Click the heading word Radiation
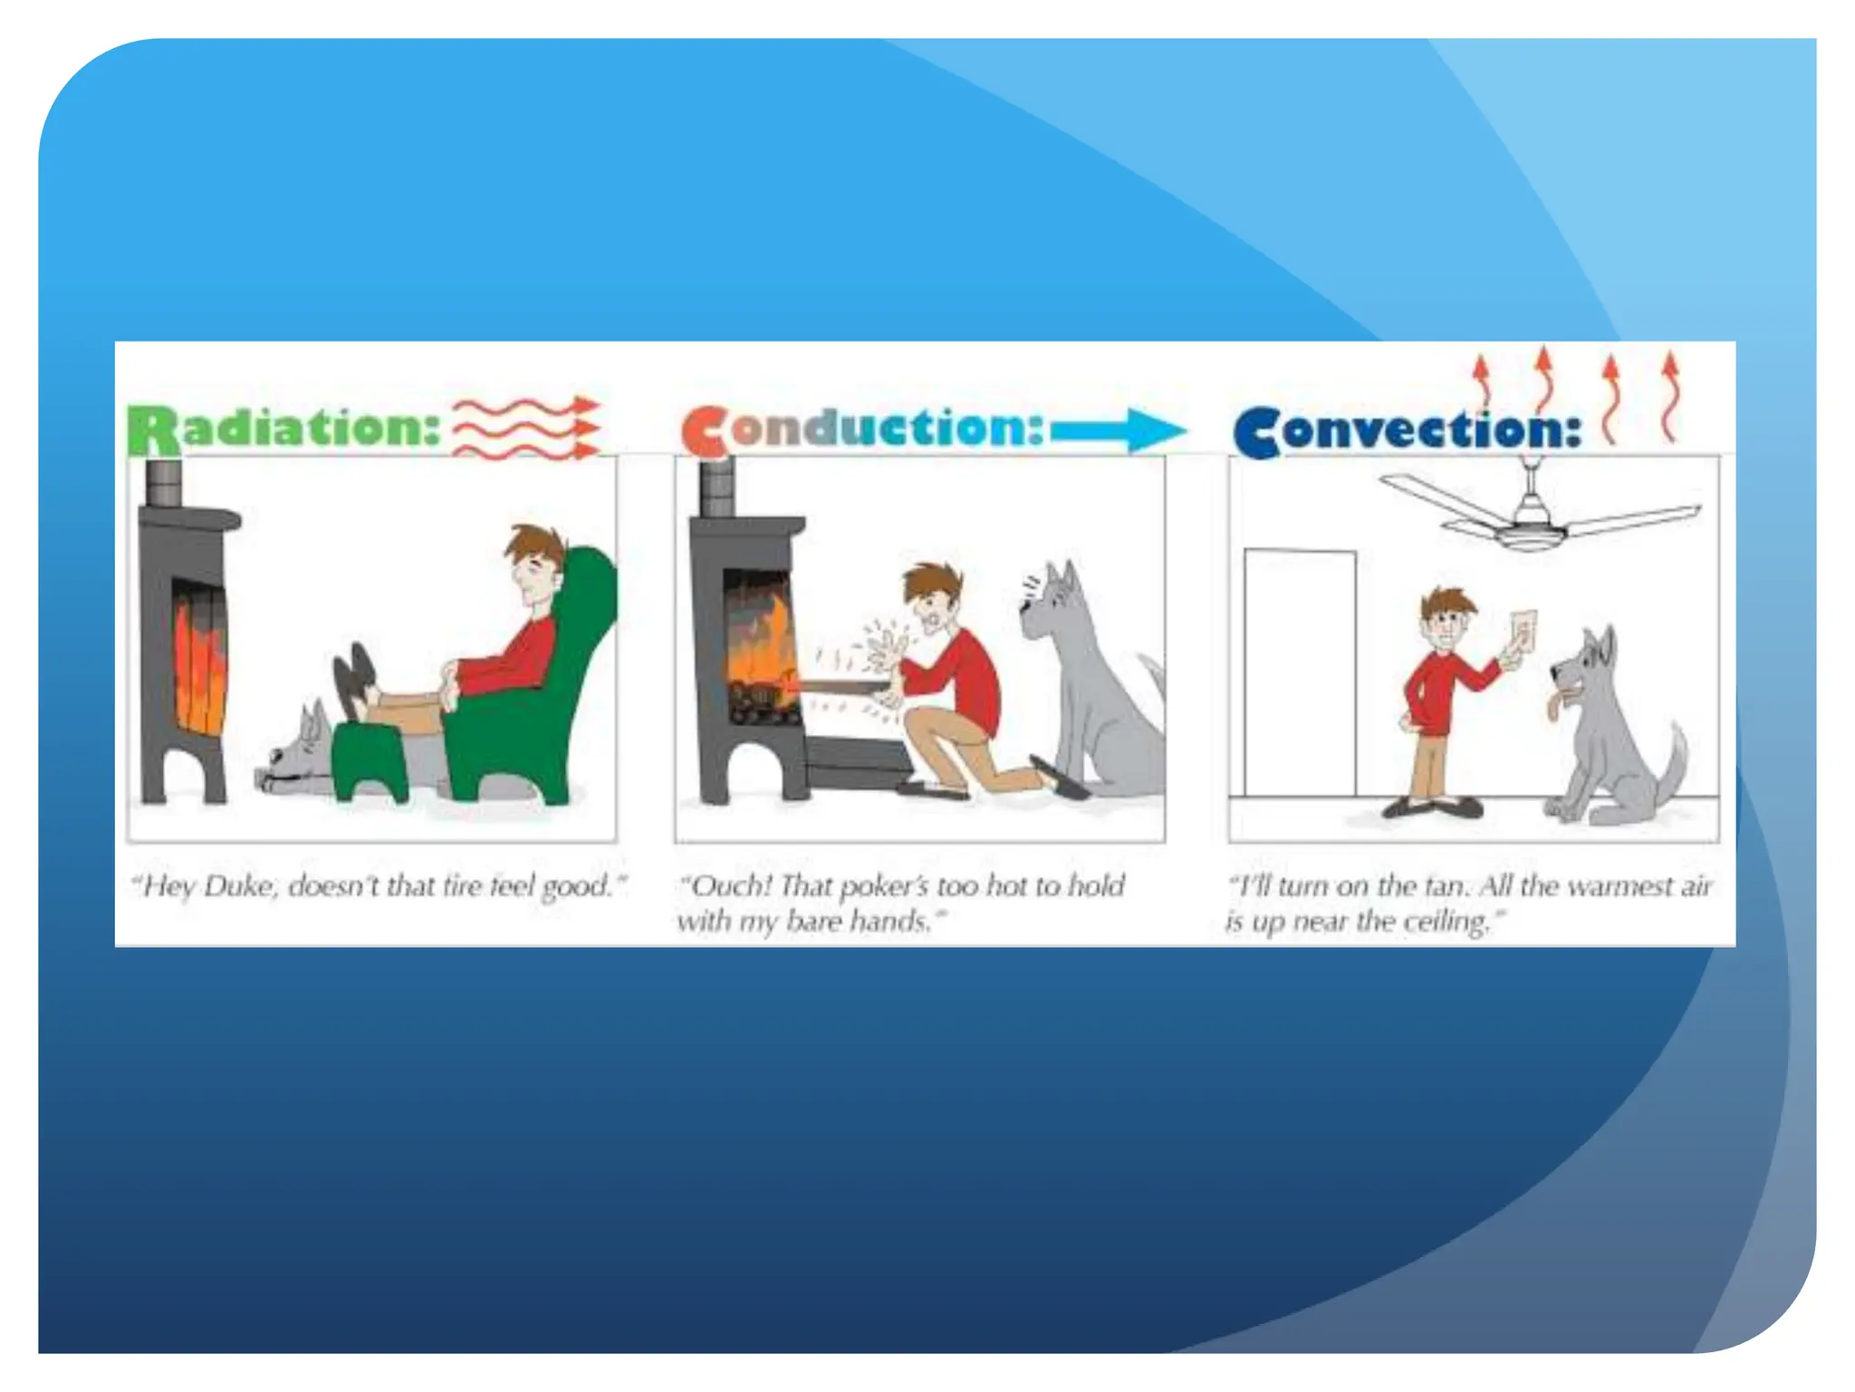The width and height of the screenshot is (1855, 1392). point(284,429)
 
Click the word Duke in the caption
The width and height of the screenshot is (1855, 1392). point(237,885)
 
